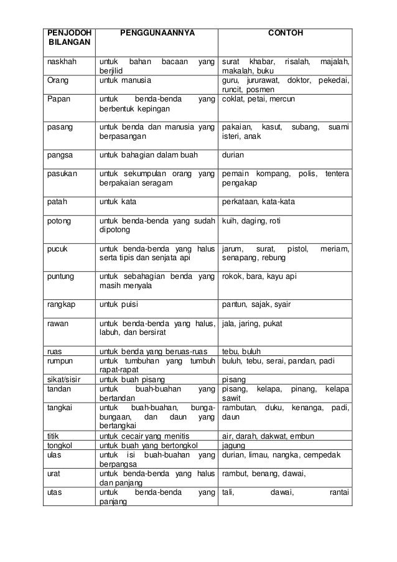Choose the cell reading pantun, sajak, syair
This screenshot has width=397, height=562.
tap(257, 304)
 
